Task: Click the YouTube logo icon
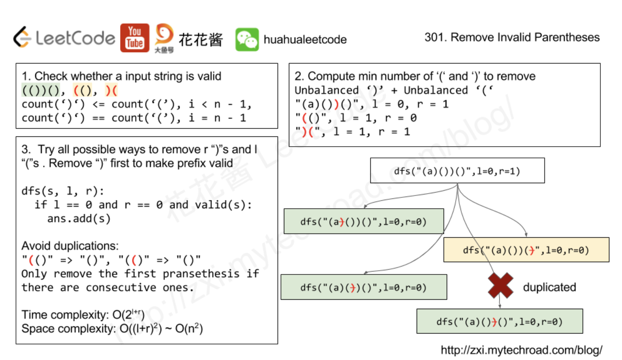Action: coord(134,38)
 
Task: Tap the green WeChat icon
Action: coord(247,39)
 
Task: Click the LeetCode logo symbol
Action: coord(22,38)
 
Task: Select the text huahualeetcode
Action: coord(305,39)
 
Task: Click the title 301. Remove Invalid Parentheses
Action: coord(512,37)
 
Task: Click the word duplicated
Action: coord(549,287)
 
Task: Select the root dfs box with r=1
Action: coord(457,171)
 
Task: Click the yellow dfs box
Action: coord(526,250)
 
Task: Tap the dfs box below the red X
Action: coord(499,321)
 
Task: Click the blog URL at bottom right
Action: coord(521,350)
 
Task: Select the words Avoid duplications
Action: coord(70,246)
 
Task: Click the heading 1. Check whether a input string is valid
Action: coord(121,76)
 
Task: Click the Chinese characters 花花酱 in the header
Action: coord(200,39)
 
